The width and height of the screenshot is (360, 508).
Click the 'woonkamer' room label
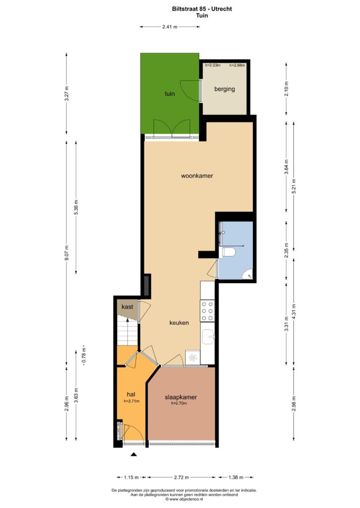(197, 176)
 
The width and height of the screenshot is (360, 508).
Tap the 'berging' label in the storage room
(224, 89)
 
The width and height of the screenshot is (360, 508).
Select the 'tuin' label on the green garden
(170, 94)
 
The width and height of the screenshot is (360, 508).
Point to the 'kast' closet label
(127, 307)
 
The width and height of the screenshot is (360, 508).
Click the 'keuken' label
(179, 322)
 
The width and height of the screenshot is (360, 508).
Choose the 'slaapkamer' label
(181, 397)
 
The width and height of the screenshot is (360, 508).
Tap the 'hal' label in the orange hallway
(131, 394)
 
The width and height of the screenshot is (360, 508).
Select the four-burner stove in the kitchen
(208, 311)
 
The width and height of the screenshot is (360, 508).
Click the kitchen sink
(208, 337)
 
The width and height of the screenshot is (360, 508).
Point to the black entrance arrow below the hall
(134, 454)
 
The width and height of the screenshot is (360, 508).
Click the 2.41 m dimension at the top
(170, 27)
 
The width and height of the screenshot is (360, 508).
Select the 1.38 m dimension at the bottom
(236, 477)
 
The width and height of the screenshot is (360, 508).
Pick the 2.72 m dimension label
(182, 477)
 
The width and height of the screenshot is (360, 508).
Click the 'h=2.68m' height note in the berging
(237, 65)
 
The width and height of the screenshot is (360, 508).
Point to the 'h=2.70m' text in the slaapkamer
(179, 403)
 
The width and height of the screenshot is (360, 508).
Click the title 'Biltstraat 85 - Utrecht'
(202, 9)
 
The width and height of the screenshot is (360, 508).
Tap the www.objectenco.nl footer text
(184, 499)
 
